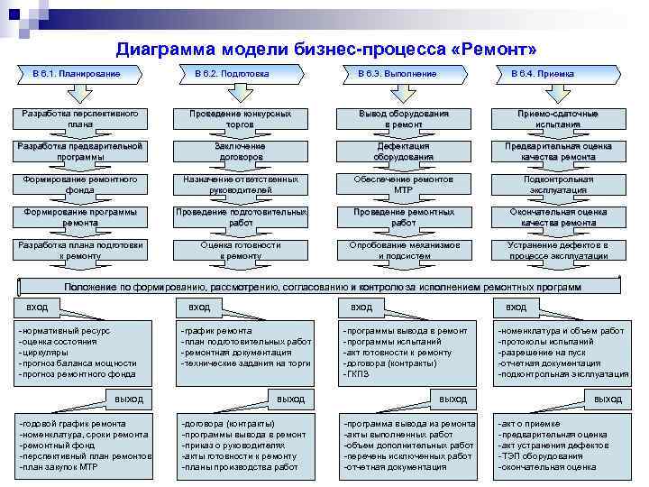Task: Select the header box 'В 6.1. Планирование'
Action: click(77, 73)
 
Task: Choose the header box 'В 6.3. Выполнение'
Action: click(397, 73)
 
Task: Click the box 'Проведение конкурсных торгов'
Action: click(241, 119)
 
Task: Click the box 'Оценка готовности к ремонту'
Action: click(241, 250)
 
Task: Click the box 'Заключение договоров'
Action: click(241, 152)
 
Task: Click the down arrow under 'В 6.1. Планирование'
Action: click(77, 93)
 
